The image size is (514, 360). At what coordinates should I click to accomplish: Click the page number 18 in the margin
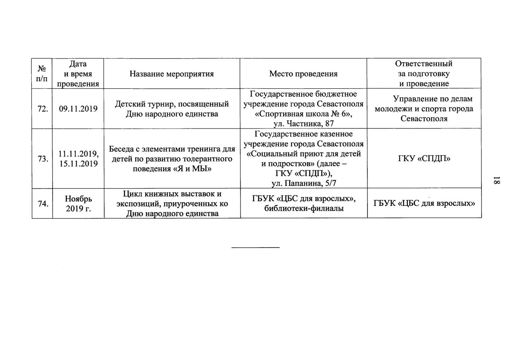[496, 181]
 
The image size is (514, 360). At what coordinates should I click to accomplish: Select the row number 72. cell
[42, 109]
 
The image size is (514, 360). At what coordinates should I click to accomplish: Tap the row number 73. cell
[42, 159]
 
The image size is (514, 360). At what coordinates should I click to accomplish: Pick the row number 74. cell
[42, 203]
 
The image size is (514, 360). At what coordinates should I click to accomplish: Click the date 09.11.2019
[78, 109]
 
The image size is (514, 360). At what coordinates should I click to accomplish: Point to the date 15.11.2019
[78, 164]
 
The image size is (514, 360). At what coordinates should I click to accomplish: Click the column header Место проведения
[303, 74]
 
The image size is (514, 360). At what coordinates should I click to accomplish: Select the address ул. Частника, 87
[304, 124]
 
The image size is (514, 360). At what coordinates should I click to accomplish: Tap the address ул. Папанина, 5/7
[304, 183]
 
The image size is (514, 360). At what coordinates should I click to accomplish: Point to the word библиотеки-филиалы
[304, 208]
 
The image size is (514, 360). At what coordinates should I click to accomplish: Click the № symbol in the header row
[42, 69]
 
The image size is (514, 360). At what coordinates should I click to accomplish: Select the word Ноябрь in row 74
[78, 199]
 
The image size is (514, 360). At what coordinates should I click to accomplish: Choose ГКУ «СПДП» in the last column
[424, 159]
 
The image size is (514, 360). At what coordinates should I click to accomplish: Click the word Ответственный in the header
[424, 64]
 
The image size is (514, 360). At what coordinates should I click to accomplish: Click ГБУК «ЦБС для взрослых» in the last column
[424, 203]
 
